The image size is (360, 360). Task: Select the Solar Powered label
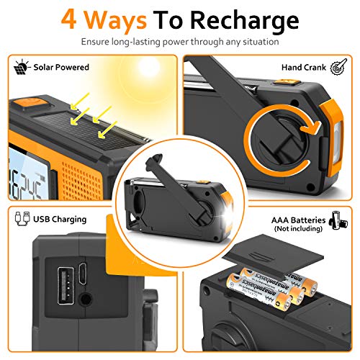click(x=61, y=67)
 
